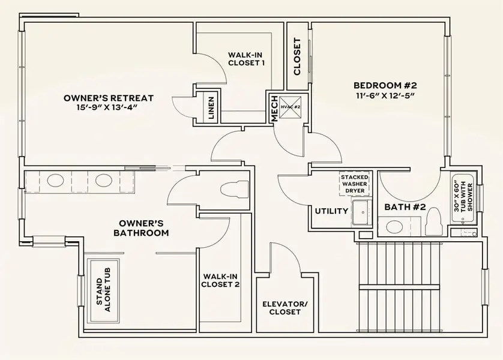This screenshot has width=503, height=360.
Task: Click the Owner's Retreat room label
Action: coord(109,98)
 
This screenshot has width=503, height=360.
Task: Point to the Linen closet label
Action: coord(211,109)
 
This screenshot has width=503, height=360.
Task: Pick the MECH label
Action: coord(274,109)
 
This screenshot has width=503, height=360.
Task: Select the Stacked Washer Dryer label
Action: coord(354,184)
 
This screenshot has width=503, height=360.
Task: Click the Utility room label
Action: coord(331,211)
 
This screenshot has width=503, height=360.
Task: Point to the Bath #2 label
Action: coord(405,207)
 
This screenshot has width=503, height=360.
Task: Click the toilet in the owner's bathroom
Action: coord(235,188)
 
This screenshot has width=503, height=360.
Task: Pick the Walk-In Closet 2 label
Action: coord(221,281)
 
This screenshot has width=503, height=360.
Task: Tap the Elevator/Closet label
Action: coord(285,308)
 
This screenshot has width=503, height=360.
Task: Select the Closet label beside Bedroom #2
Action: coord(297,57)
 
